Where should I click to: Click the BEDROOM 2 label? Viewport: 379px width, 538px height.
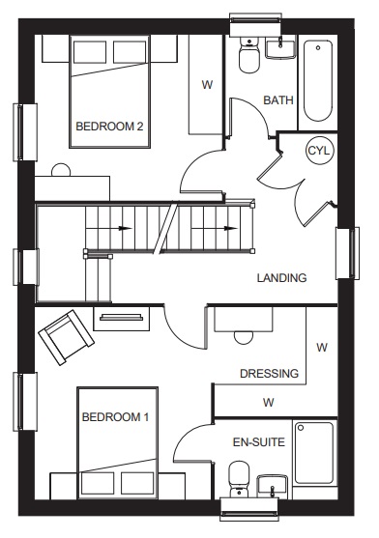(x=109, y=127)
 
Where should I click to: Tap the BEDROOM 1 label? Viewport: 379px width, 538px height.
(x=115, y=417)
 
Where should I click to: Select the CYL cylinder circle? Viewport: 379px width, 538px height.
(x=319, y=151)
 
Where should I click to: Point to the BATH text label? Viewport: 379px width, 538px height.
(x=278, y=100)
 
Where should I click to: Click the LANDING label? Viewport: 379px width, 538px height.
(x=281, y=277)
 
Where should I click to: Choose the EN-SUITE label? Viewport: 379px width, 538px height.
(x=259, y=442)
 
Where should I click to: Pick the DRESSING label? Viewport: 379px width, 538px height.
(x=269, y=373)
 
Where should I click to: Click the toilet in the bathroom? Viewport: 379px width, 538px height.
(x=249, y=55)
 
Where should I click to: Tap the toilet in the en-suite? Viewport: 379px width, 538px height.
(x=239, y=479)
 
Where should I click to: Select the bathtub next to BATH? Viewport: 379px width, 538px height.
(x=318, y=81)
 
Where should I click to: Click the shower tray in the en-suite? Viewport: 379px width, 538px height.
(x=314, y=453)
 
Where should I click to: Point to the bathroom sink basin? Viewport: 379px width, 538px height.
(x=280, y=48)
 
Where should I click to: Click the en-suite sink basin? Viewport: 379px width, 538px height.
(x=273, y=487)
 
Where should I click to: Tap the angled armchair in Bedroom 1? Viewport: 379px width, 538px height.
(x=67, y=338)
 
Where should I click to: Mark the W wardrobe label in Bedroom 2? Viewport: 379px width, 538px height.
(x=207, y=84)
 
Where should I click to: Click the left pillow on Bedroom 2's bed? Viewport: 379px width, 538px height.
(x=90, y=52)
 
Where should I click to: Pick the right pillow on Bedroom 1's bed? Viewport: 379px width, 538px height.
(x=137, y=483)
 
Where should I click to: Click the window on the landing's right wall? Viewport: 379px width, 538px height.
(x=348, y=253)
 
